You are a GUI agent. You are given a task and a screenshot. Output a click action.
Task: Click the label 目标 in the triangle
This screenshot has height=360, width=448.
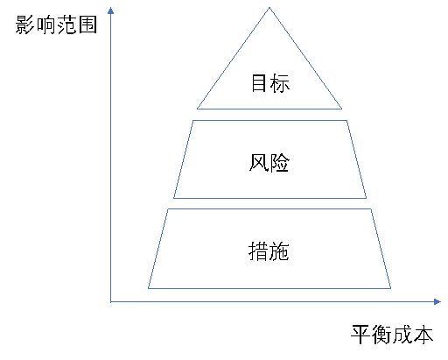click(x=270, y=83)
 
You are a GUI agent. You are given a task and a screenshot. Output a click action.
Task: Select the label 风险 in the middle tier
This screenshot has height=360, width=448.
click(x=269, y=163)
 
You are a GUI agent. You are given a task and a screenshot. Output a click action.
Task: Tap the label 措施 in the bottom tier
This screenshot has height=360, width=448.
click(x=269, y=251)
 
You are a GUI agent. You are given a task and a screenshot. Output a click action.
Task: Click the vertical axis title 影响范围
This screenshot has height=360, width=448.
click(x=56, y=25)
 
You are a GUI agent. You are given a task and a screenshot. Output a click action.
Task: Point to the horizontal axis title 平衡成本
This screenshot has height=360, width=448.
click(x=392, y=335)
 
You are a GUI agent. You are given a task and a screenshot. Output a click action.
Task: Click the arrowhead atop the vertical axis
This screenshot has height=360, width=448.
click(x=110, y=11)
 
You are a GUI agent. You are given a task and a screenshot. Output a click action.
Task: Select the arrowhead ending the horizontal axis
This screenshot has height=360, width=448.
click(x=437, y=302)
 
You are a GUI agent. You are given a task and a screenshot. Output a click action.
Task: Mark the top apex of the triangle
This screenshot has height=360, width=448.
click(x=269, y=8)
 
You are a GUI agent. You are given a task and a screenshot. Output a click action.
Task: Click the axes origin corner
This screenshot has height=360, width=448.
click(x=111, y=302)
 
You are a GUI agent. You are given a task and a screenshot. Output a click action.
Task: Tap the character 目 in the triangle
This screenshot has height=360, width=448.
click(x=259, y=83)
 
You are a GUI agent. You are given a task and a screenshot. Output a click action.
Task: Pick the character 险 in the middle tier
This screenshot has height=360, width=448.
click(x=280, y=163)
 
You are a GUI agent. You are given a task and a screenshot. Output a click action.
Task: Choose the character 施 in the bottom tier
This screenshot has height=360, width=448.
click(x=279, y=251)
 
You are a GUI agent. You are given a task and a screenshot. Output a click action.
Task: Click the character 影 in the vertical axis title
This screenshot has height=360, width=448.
click(x=25, y=25)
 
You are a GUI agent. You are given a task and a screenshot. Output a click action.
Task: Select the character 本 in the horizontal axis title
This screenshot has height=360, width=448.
click(x=423, y=335)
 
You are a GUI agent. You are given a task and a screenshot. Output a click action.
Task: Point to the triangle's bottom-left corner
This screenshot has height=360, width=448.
click(x=197, y=109)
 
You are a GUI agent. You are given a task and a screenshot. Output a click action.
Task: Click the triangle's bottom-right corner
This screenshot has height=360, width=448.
click(x=342, y=109)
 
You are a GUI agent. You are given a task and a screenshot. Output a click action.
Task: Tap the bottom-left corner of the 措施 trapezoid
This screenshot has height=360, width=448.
click(x=148, y=288)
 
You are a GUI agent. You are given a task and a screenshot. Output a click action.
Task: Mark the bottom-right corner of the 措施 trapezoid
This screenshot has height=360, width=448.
click(x=391, y=288)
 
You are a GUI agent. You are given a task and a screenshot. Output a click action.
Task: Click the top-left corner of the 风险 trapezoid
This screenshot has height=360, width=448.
click(x=193, y=120)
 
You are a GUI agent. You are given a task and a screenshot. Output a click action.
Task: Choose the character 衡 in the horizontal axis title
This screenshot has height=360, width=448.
click(x=381, y=335)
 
